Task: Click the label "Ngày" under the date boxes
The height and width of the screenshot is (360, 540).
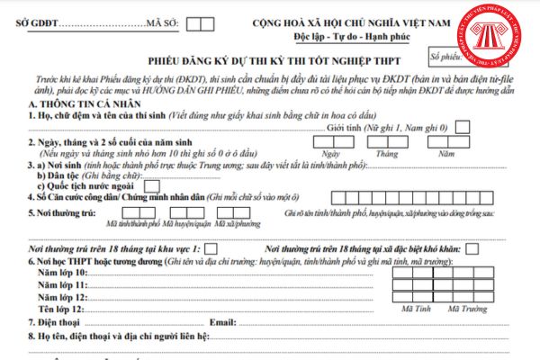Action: [x=329, y=154]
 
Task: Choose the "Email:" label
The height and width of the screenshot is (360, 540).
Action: [x=222, y=321]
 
